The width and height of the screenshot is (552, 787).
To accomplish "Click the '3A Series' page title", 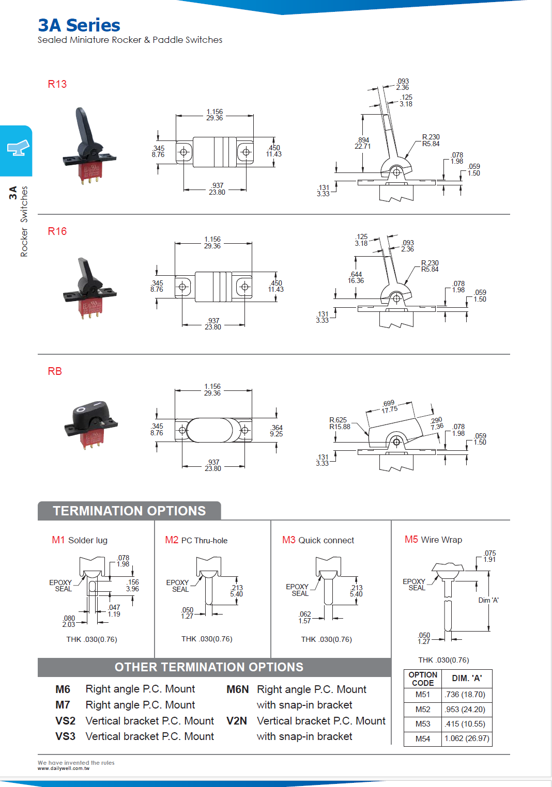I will (x=79, y=25).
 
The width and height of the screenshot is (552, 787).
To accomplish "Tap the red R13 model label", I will (x=57, y=84).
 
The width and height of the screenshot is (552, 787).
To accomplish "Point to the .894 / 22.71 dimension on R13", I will (x=362, y=143).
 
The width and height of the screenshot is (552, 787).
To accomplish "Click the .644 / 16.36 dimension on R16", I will (x=356, y=278).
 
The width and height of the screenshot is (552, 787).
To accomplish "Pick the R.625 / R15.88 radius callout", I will (x=340, y=423).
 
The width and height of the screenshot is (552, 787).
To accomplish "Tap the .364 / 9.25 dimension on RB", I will (x=277, y=431).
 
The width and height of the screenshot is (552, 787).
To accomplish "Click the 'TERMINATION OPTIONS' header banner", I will (x=129, y=511).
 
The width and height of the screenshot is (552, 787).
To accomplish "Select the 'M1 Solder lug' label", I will (x=80, y=540).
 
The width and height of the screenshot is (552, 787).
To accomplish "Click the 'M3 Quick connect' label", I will (x=318, y=540).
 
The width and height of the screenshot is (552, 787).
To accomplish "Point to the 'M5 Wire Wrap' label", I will (x=433, y=540).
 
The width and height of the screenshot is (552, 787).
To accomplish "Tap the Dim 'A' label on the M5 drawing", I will (x=488, y=600).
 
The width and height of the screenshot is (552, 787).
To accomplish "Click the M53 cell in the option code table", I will (x=422, y=724).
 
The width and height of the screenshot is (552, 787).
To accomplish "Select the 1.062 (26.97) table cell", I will (x=467, y=738).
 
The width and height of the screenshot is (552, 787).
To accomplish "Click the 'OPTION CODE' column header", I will (x=422, y=679).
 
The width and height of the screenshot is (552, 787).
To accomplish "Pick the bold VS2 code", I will (x=65, y=721).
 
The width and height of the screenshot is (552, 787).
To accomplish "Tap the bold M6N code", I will (x=237, y=689).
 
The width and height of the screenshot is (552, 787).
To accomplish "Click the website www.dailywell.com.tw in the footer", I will (x=64, y=768).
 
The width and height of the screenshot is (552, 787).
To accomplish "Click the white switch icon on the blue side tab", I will (x=18, y=148).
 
